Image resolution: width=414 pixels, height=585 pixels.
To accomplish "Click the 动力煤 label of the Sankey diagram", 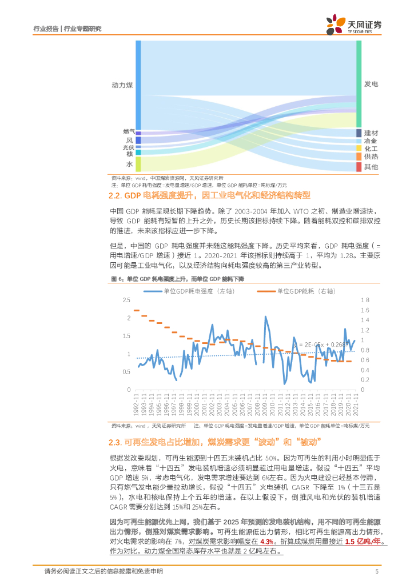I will (x=122, y=85).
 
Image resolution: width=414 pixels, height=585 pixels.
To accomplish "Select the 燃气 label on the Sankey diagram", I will (x=128, y=131).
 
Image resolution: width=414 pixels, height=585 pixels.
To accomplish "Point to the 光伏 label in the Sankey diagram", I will (x=128, y=147).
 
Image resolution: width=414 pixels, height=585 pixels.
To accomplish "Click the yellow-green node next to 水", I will (x=138, y=164).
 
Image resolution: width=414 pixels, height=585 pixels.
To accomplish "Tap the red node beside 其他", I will (x=359, y=167).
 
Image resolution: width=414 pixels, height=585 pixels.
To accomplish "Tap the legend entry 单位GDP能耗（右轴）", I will (x=298, y=291).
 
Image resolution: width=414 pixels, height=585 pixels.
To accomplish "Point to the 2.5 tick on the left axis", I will (x=127, y=300).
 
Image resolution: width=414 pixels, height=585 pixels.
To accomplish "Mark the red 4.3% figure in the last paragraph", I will (x=266, y=542).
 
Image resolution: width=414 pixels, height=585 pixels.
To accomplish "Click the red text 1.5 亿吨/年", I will (x=363, y=542).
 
